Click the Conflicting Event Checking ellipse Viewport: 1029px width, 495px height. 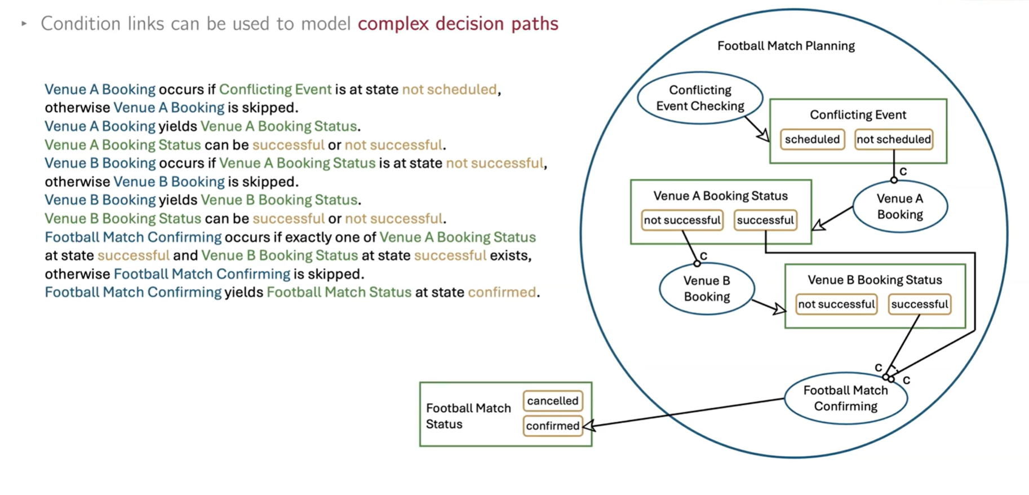click(x=700, y=98)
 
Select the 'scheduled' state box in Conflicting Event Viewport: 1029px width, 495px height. click(x=812, y=139)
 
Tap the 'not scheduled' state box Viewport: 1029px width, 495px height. click(x=893, y=139)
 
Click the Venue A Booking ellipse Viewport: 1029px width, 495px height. click(x=900, y=206)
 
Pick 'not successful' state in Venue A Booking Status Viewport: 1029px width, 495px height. click(x=682, y=220)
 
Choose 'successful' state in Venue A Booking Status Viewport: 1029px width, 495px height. click(x=765, y=220)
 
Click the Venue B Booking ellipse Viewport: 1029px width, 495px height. click(x=707, y=289)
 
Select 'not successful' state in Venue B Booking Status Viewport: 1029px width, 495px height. click(x=836, y=304)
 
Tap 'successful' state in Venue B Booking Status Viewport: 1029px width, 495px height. click(x=919, y=304)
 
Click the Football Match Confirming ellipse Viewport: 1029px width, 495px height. click(x=845, y=398)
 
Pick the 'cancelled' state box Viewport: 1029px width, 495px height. click(x=552, y=401)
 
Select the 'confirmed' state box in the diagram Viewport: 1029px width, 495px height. click(x=552, y=426)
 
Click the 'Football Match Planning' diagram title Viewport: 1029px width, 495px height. click(x=786, y=46)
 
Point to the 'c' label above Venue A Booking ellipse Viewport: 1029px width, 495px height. click(x=903, y=171)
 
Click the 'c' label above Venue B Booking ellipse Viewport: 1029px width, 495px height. click(x=703, y=255)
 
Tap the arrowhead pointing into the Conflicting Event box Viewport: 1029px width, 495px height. click(x=764, y=136)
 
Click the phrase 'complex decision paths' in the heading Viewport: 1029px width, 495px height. click(x=458, y=24)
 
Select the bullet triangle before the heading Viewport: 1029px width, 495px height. click(x=24, y=24)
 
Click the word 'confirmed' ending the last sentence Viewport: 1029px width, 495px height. click(x=502, y=292)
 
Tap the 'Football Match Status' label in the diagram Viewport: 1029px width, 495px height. click(x=468, y=416)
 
